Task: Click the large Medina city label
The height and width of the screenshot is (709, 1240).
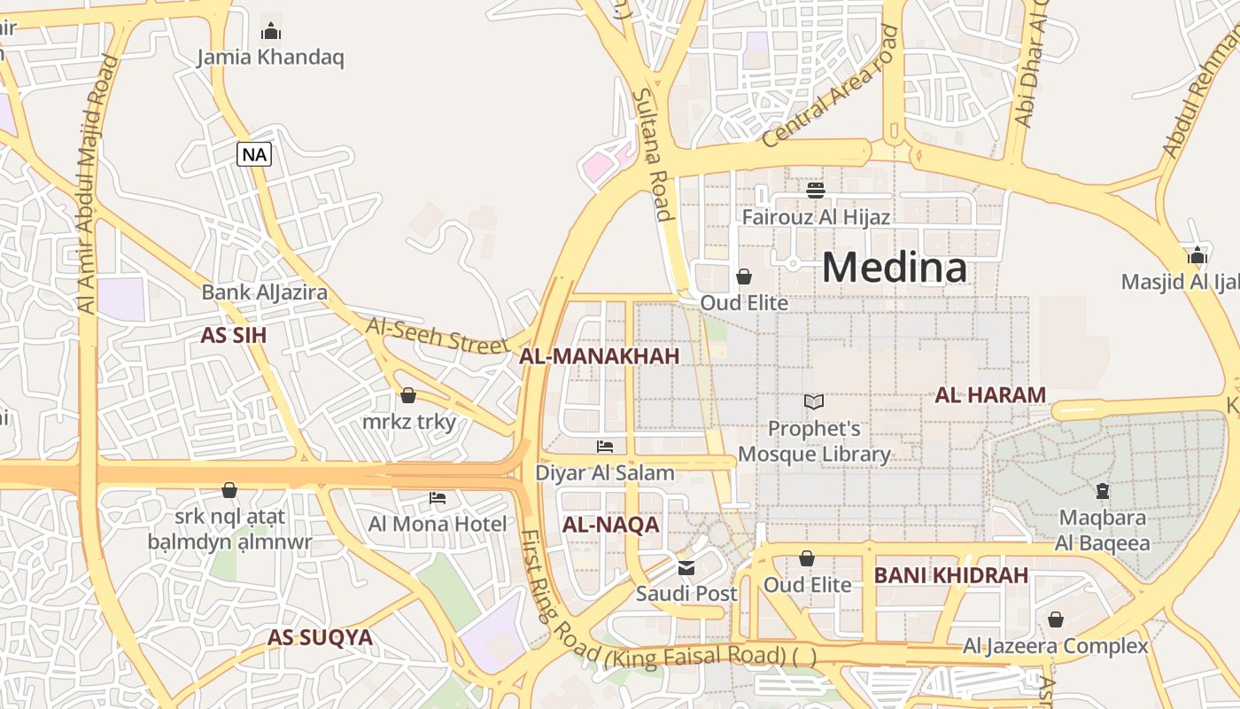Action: pos(895,267)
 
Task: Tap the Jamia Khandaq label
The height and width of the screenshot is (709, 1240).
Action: pos(270,58)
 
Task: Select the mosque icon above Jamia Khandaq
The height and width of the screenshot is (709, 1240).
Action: pos(271,32)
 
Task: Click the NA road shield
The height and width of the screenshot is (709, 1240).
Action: pos(254,154)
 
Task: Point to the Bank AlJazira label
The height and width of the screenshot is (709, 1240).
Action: pos(264,292)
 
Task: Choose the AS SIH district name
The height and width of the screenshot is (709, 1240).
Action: pos(234,335)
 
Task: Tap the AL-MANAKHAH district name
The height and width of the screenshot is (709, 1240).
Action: pos(599,356)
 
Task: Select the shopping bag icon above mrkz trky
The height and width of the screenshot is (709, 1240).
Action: pos(408,395)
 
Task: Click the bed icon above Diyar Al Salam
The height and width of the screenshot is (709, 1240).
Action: pos(605,447)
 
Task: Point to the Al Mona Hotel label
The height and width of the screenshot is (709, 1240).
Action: pos(438,524)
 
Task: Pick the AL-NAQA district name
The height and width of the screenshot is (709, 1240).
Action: pos(611,525)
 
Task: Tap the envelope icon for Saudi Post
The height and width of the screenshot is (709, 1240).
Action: pos(686,568)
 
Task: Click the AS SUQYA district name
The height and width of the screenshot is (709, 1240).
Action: pos(320,637)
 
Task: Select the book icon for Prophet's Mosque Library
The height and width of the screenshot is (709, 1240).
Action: pos(814,402)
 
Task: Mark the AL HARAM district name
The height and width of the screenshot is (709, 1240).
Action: pos(990,395)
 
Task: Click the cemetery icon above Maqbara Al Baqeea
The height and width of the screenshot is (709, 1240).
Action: pos(1103,490)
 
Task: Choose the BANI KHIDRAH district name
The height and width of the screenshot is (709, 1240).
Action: pos(951,575)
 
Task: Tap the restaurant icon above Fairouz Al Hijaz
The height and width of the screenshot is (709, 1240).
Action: pos(816,190)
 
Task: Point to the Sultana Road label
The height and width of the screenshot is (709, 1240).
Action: pos(650,154)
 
